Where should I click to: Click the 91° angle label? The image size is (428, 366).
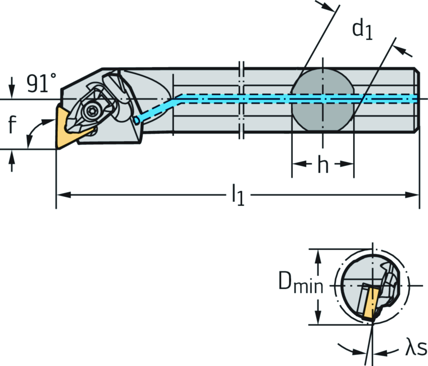coord(41,84)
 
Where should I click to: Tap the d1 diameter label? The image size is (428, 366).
coord(361,31)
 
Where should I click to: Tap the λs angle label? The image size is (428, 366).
coord(415,348)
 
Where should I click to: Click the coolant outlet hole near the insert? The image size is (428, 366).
coord(136,121)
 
